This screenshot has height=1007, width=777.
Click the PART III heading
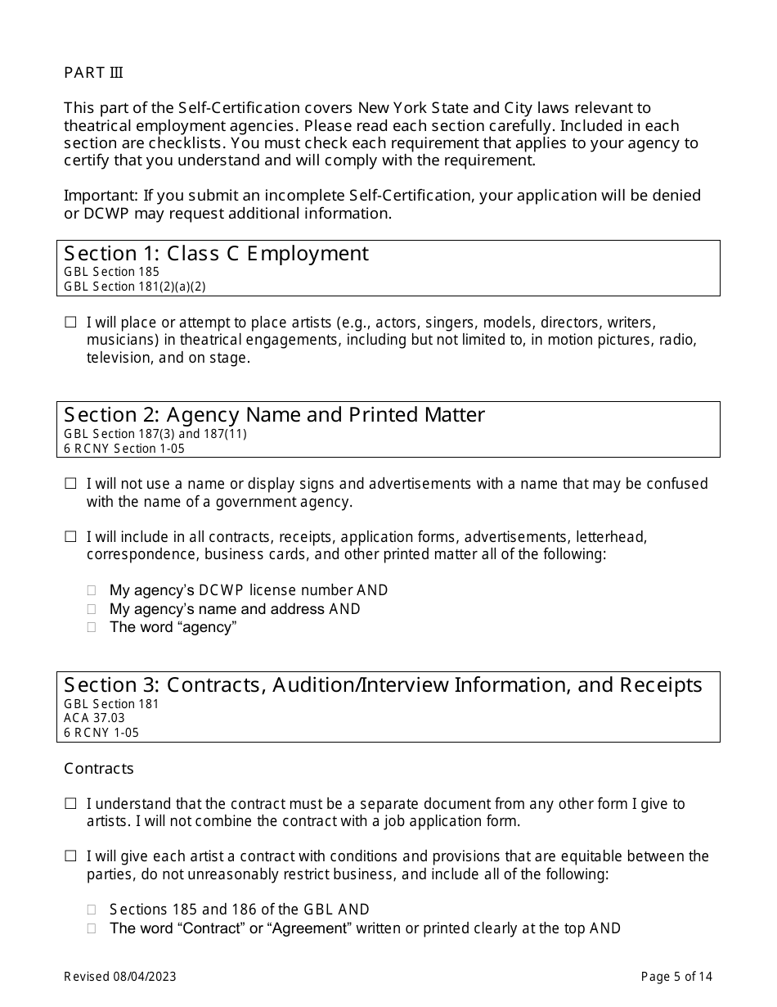[x=93, y=73]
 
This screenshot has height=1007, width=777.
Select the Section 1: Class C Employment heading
[x=216, y=254]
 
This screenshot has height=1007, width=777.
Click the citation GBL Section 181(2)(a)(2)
[x=134, y=287]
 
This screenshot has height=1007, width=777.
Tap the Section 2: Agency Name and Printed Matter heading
[x=274, y=415]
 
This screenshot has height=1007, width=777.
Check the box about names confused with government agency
[x=70, y=484]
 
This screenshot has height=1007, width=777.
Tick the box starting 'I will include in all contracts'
[x=70, y=537]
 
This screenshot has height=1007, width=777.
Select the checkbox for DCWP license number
[x=92, y=590]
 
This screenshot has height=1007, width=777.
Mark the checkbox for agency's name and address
[x=92, y=609]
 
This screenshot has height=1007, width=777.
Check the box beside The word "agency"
[x=92, y=627]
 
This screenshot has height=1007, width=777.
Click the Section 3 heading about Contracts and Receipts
[x=383, y=684]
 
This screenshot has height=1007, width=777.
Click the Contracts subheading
[x=98, y=769]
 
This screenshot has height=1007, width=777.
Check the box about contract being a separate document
[x=70, y=804]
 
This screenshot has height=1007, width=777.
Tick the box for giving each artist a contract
[x=70, y=856]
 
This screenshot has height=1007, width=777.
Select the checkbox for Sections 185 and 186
[x=92, y=910]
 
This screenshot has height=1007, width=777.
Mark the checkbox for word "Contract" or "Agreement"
[x=92, y=928]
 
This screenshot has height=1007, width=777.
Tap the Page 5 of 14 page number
[x=676, y=976]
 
